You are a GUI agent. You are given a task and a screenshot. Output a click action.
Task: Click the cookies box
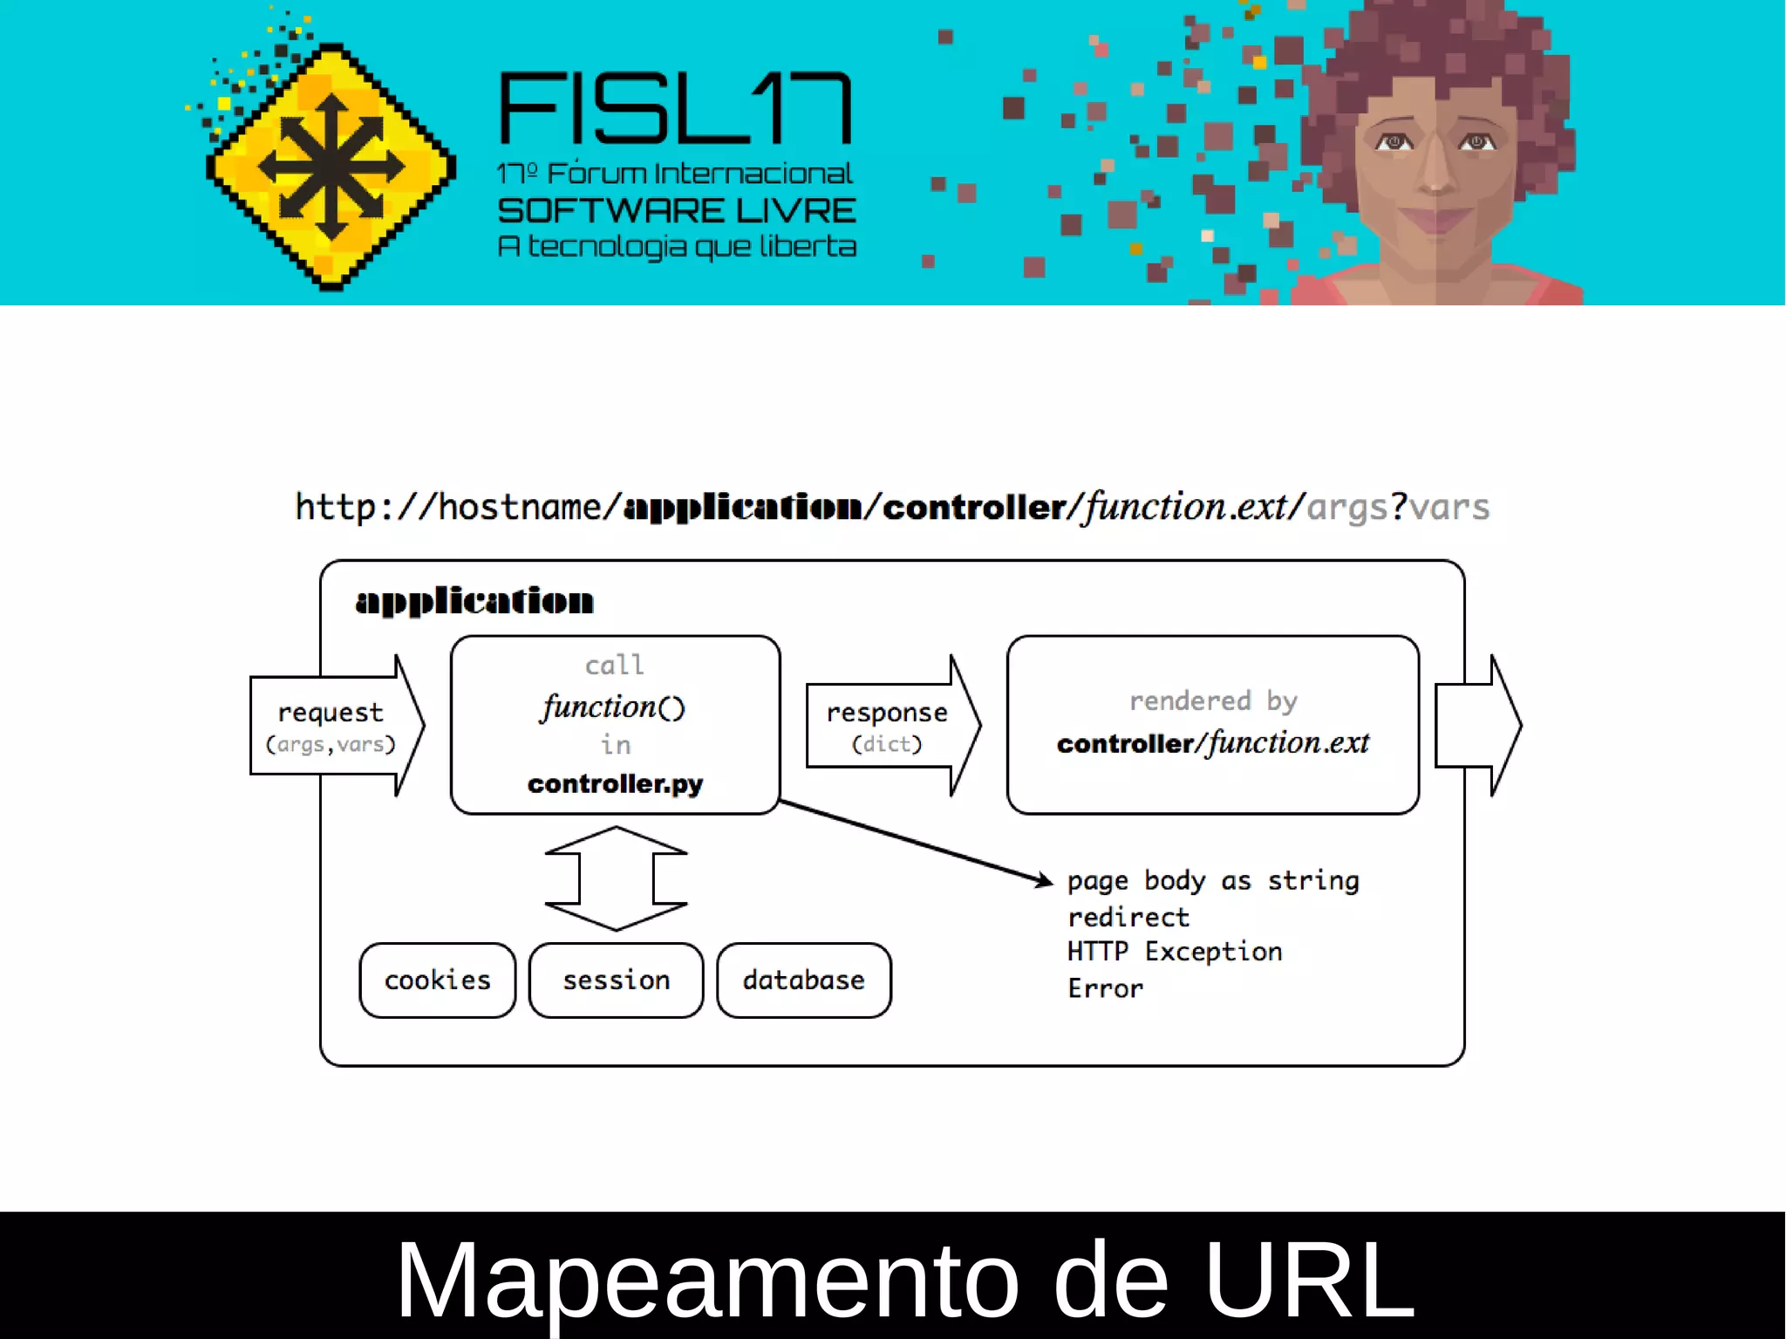pos(437,980)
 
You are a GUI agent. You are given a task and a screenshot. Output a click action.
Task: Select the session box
pos(616,980)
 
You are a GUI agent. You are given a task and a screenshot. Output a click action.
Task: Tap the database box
pos(803,980)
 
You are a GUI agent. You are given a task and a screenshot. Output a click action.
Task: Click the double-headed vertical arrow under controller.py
pos(616,878)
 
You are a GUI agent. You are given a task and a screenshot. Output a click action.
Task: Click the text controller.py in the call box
pos(615,783)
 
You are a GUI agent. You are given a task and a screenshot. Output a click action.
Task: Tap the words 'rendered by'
pos(1213,700)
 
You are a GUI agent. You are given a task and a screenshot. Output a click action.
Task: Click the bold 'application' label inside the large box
pos(474,601)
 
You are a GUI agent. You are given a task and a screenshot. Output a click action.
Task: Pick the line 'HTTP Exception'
pos(1174,952)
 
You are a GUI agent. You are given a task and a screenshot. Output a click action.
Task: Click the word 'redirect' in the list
pos(1128,917)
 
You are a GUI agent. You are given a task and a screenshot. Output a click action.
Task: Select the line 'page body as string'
pos(1212,881)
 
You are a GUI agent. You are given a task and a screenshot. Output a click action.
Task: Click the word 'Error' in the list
pos(1105,988)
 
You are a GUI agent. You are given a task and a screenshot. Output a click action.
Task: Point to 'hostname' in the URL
pos(519,507)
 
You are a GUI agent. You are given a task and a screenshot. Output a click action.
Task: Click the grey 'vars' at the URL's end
pos(1449,507)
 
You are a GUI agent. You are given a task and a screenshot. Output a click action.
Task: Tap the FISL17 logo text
pos(675,108)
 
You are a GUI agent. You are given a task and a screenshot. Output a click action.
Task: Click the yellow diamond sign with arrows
pos(331,166)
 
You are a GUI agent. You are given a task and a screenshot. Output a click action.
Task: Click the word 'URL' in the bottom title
pos(1308,1279)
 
